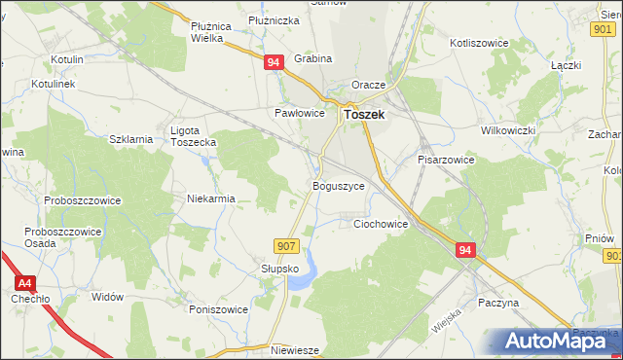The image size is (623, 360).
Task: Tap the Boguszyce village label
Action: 338,185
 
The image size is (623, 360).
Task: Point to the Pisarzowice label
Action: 446,159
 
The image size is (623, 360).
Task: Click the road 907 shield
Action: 285,246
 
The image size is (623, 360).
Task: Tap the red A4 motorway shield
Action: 25,282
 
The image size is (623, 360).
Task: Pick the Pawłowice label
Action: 298,113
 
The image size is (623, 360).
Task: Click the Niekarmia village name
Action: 211,198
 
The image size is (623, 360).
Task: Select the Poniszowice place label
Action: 219,309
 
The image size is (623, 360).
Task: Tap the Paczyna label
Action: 498,303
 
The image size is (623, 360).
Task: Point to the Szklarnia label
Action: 131,139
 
